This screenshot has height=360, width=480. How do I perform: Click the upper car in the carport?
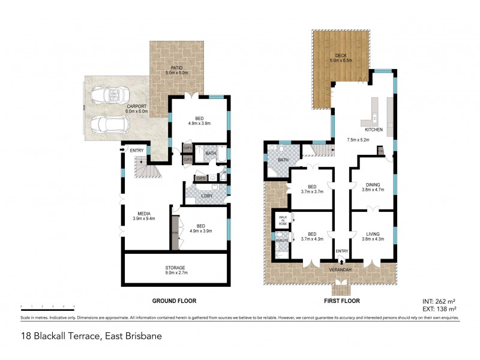[x=108, y=95]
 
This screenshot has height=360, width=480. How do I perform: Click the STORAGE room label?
[x=175, y=268]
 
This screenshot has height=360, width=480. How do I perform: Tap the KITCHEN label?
[x=374, y=129]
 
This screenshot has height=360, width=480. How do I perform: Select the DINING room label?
[x=373, y=185]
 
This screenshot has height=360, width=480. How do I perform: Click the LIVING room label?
[x=373, y=234]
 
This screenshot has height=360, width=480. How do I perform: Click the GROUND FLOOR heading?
[x=175, y=301]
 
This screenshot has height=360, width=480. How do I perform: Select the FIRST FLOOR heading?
[x=340, y=301]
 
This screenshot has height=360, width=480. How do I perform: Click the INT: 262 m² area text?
[x=440, y=302]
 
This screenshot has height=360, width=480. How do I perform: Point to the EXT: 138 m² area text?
[x=440, y=308]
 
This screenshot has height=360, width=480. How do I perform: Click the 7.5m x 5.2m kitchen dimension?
[x=357, y=140]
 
